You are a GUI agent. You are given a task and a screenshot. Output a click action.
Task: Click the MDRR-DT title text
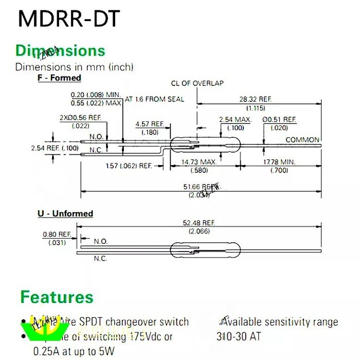tap(69, 19)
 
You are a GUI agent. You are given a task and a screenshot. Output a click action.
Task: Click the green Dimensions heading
tap(60, 51)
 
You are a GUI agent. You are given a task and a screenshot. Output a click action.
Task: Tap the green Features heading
tap(57, 297)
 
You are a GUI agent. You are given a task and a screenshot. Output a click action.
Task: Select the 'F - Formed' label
tap(59, 78)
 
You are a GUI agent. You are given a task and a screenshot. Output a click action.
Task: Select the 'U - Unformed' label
tap(65, 213)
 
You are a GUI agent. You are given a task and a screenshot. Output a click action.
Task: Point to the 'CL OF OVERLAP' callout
tap(197, 83)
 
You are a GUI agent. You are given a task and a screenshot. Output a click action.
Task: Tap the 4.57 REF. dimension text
tap(150, 124)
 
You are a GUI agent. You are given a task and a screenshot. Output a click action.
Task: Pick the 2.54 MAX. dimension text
tap(235, 119)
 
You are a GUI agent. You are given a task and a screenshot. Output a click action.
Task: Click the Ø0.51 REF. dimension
tap(279, 119)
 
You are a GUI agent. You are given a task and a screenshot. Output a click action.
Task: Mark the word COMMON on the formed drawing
tap(302, 139)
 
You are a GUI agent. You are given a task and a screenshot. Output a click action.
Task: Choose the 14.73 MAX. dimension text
tap(200, 162)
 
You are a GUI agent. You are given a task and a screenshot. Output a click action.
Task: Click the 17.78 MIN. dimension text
tap(279, 162)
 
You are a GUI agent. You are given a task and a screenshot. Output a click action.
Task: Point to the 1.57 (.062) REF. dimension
tap(129, 166)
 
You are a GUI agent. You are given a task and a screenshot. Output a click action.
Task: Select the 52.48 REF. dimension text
tap(199, 223)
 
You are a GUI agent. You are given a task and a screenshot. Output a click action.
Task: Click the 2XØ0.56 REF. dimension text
tap(80, 117)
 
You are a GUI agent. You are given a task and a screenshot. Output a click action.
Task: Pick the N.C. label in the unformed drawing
tap(100, 259)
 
